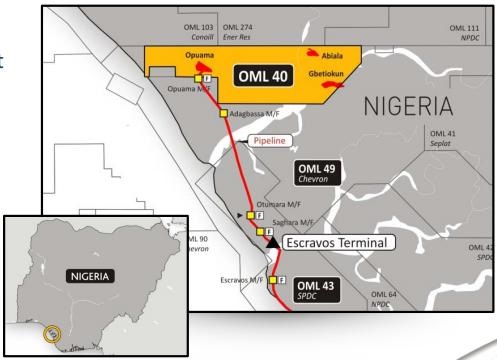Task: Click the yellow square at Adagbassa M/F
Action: [x=224, y=114]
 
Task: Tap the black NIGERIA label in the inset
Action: [x=87, y=271]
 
